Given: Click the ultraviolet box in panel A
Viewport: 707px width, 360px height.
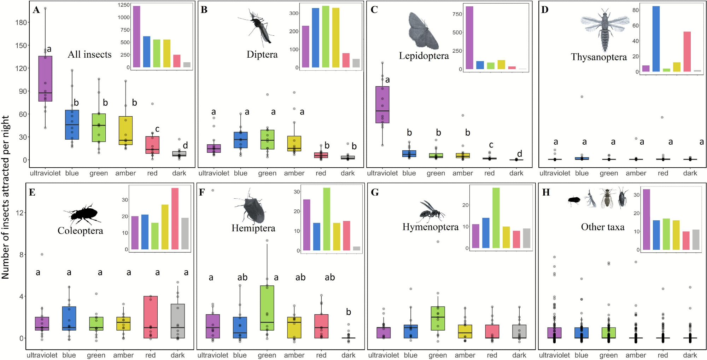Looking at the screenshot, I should (45, 79).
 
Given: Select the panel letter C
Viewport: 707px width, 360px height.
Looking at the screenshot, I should (374, 10).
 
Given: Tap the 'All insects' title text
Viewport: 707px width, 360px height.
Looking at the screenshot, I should (89, 54).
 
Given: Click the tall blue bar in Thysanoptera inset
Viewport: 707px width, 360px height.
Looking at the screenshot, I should (656, 39).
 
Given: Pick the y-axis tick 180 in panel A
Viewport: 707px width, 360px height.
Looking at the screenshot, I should (21, 23).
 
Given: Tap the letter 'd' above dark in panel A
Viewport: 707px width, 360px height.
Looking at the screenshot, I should (185, 145).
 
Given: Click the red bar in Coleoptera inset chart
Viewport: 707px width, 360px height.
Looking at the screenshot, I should (175, 219).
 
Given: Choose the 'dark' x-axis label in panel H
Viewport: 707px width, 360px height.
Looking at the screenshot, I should (690, 355).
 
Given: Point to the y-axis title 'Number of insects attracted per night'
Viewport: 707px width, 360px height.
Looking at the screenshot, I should (5, 197).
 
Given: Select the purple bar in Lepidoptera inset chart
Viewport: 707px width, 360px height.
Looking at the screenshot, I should (469, 38).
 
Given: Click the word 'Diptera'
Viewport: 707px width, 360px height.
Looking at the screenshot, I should (262, 54).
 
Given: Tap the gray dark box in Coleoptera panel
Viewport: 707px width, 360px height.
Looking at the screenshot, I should (177, 321).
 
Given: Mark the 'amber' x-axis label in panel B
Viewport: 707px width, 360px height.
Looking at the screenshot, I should (294, 173).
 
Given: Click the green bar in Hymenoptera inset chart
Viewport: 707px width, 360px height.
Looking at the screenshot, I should (496, 217).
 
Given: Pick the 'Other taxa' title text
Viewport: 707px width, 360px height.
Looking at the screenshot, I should (602, 227).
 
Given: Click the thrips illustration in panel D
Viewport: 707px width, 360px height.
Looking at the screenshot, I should (604, 30).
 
